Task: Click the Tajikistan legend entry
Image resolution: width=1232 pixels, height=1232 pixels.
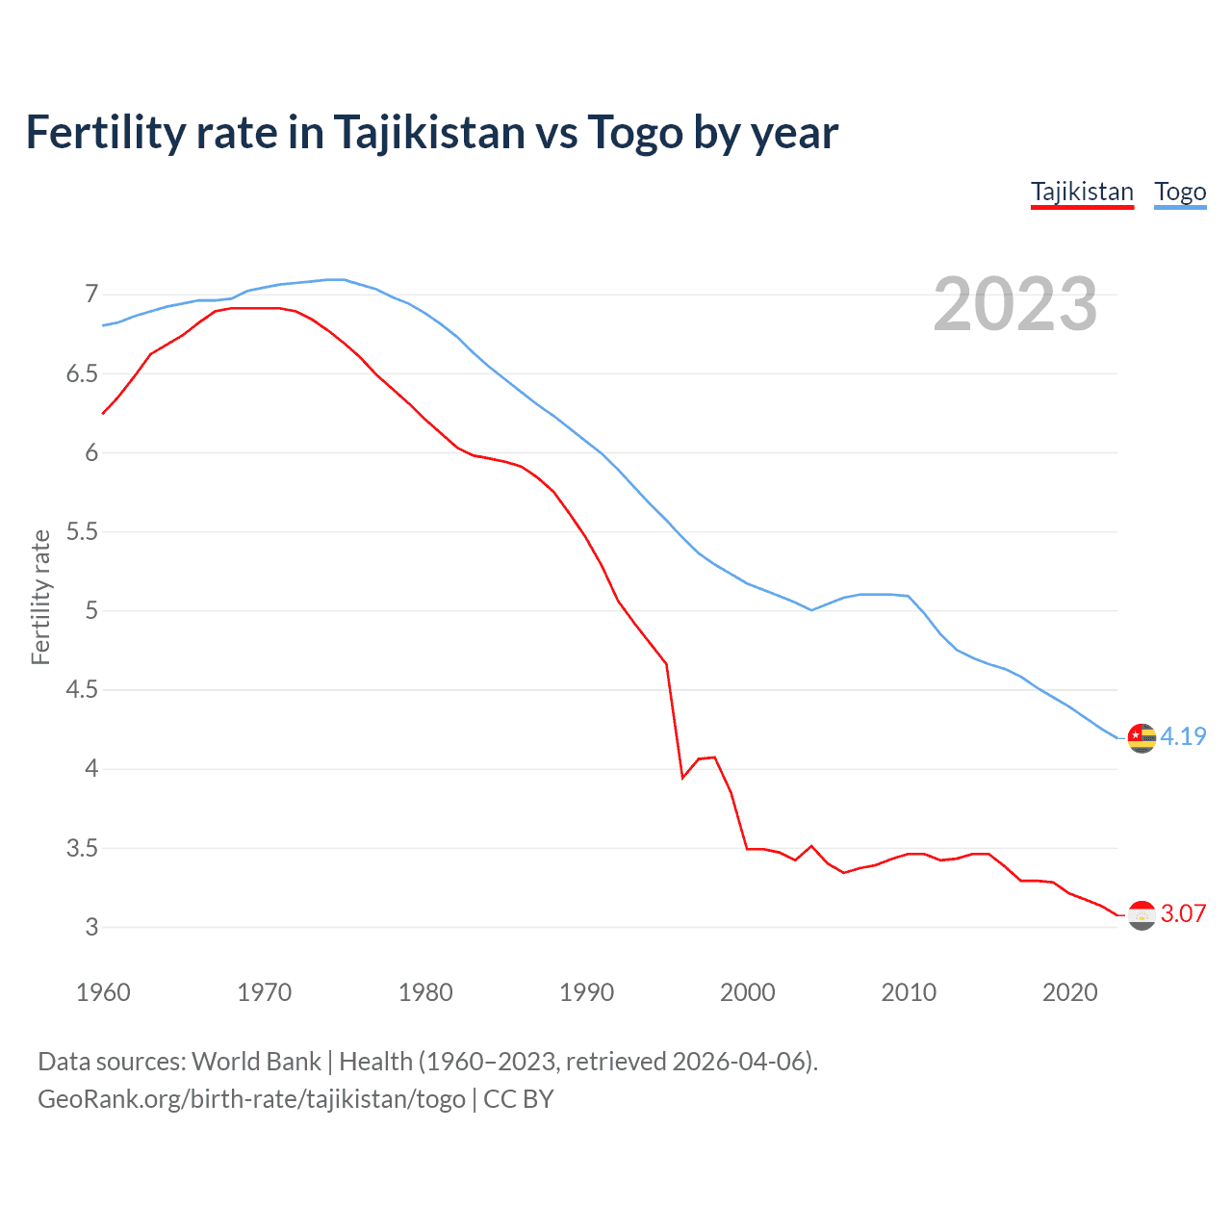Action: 1082,192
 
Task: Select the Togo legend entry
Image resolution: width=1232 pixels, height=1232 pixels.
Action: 1180,192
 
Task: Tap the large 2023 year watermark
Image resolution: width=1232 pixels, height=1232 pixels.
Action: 1015,304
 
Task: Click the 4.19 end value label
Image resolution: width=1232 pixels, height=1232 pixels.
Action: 1183,736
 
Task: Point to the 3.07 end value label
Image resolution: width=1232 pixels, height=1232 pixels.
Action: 1183,913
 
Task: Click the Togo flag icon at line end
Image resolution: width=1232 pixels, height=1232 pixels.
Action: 1142,737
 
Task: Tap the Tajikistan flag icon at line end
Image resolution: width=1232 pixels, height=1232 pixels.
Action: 1142,914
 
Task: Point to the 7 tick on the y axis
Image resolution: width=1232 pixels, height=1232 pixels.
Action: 91,294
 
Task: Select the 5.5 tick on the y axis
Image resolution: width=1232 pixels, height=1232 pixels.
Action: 82,531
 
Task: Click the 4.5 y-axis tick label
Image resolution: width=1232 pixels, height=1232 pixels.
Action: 82,689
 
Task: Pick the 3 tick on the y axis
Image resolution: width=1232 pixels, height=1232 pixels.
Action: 91,927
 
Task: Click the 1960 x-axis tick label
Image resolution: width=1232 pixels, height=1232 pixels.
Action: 103,992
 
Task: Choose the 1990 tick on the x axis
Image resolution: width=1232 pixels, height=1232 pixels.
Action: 586,992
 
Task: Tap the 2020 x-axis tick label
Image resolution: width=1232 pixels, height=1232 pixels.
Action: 1069,992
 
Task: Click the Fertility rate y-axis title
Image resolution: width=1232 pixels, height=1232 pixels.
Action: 40,597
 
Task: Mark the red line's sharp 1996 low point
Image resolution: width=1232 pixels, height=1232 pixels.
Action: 682,777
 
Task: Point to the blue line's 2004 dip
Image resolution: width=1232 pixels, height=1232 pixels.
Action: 811,609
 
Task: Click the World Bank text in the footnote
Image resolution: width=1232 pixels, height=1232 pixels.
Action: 256,1062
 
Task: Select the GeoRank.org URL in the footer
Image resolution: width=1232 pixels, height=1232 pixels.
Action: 251,1099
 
